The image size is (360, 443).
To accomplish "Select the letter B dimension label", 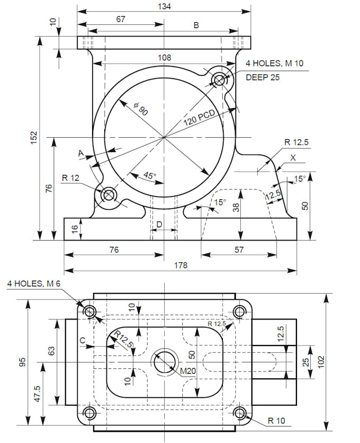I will [196, 25].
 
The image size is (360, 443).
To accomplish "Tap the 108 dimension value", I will [164, 57].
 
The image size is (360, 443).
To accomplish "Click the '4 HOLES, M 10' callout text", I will [274, 64].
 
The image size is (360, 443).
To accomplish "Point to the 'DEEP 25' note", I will [263, 77].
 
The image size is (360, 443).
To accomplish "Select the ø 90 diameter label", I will [141, 110].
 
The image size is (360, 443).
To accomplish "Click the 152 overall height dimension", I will [34, 139].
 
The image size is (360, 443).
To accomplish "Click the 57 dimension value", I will [239, 250].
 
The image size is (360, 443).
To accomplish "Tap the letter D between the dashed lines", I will [159, 225].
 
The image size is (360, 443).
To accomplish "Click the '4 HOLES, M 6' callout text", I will [34, 283].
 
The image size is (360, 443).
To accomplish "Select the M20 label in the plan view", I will [188, 371].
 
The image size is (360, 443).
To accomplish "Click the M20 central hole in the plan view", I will [165, 362].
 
